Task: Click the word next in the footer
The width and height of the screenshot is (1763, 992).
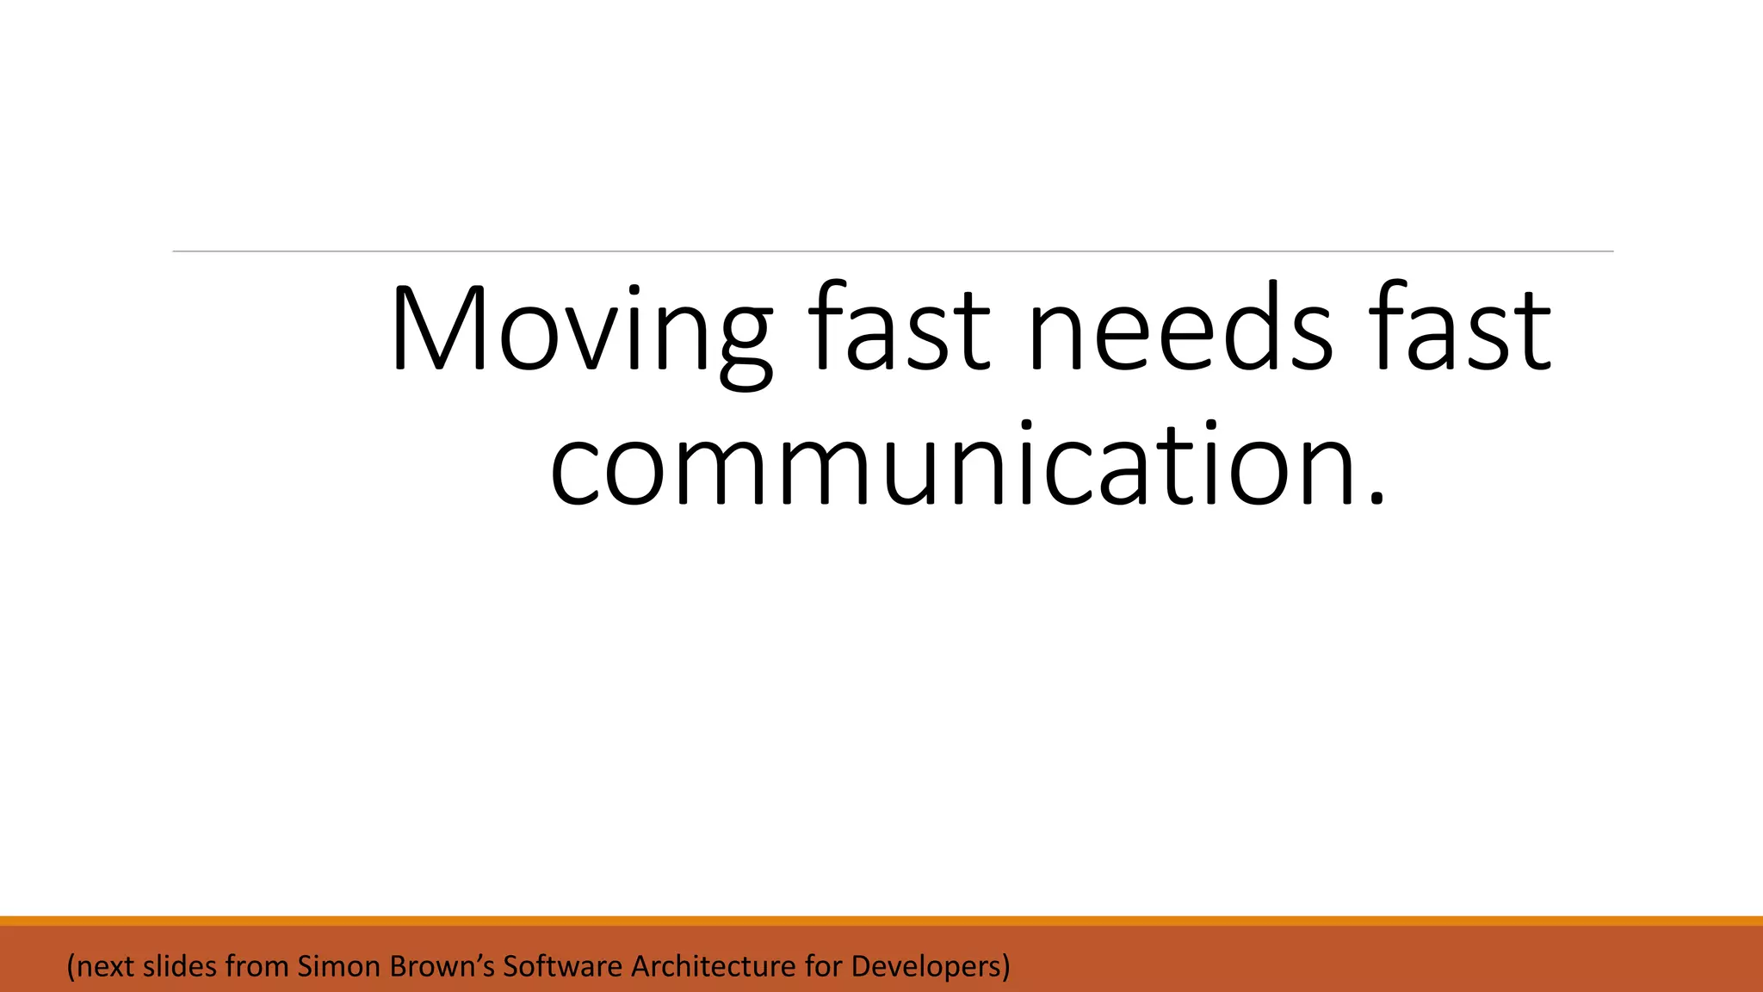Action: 107,966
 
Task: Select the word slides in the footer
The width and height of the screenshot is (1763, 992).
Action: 180,966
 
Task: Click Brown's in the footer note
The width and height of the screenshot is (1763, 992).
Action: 442,966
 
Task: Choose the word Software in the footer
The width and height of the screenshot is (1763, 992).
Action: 562,966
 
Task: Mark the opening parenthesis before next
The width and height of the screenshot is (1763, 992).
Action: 71,967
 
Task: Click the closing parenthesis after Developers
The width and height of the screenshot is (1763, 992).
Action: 1005,967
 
